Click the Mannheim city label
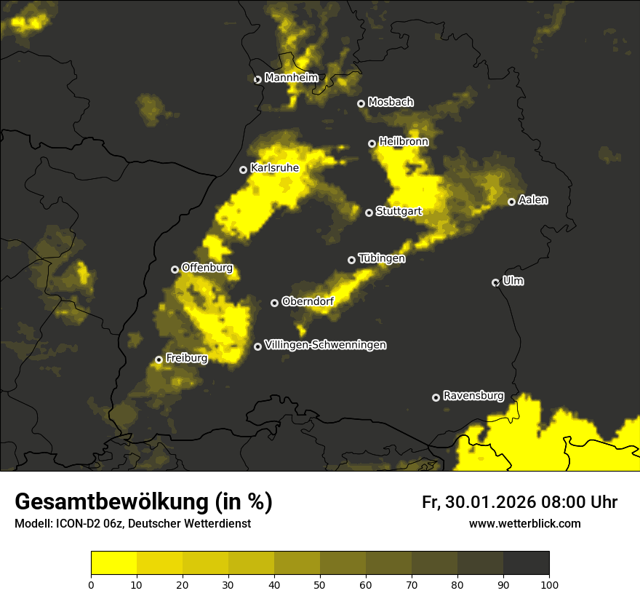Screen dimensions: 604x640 coord(291,78)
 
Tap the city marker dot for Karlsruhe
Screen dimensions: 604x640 coord(244,170)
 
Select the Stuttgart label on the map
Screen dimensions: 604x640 coord(399,211)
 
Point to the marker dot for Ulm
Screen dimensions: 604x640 coord(495,282)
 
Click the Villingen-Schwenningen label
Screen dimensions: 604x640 coord(325,345)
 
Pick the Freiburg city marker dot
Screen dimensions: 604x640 coord(159,359)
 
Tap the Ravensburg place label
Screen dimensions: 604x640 coord(473,396)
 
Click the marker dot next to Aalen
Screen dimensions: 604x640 coord(511,202)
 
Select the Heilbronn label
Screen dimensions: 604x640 coord(404,142)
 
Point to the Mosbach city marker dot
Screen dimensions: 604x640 coord(361,103)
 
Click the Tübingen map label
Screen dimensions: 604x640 coord(381,258)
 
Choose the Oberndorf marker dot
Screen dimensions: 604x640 coord(274,303)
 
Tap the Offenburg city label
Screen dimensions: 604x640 coord(207,268)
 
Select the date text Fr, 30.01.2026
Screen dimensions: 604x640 coord(477,502)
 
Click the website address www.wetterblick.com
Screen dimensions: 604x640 coord(524,523)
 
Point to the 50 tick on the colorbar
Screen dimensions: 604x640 coord(320,584)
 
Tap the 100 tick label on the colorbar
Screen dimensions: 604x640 coord(549,584)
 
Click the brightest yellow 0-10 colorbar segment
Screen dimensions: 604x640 coord(113,563)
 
